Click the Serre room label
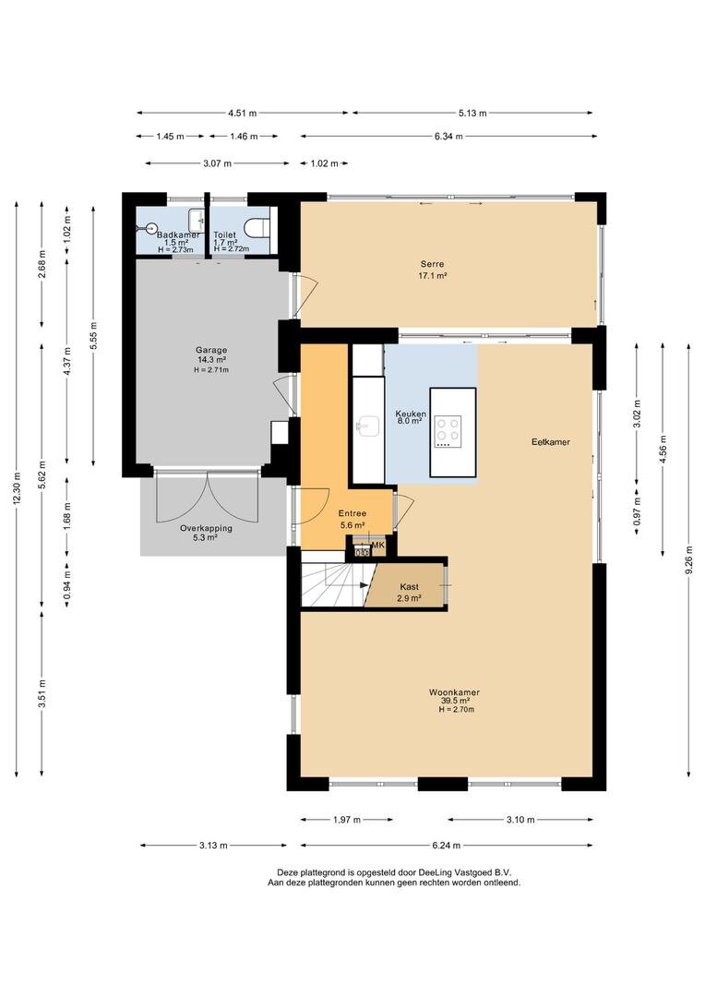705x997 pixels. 432,264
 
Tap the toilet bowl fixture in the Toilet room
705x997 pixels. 258,227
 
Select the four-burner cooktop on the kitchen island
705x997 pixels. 448,432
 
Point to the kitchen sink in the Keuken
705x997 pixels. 368,426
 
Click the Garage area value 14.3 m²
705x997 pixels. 211,359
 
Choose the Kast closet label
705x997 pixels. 410,587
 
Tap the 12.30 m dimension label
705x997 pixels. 17,488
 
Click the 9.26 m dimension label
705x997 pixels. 689,559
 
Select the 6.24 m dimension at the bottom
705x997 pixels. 447,846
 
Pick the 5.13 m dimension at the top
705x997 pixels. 472,114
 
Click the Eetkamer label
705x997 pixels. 551,442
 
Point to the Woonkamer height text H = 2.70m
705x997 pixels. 456,709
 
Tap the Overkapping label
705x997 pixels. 206,528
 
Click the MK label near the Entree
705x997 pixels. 377,545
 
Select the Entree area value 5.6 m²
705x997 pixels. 352,525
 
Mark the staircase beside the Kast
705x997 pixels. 336,585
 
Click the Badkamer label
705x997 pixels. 178,234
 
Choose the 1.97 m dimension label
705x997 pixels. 346,820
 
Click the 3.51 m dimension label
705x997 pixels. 42,692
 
